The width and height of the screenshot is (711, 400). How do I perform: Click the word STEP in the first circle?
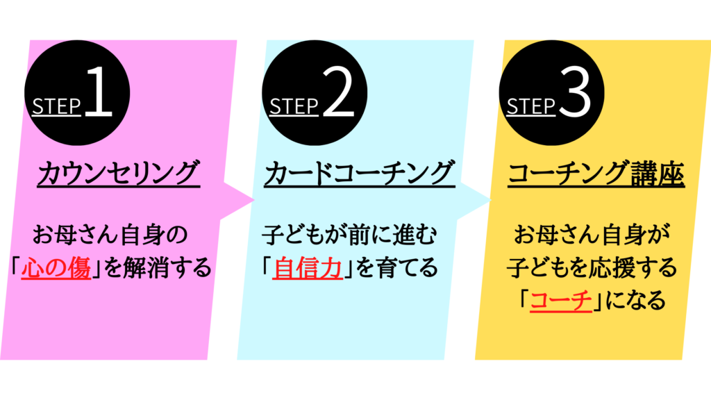[x=56, y=106]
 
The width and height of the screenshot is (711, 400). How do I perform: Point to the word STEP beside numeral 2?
[x=294, y=106]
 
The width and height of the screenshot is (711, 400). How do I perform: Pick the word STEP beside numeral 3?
[x=531, y=106]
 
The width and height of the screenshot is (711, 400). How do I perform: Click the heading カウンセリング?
[x=118, y=173]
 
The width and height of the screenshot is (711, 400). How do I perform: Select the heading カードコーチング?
[x=359, y=173]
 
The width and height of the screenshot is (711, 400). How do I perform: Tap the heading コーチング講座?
[x=596, y=173]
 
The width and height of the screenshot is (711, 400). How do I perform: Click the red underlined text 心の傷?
[x=56, y=267]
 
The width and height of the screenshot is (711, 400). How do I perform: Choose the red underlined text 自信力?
[x=308, y=267]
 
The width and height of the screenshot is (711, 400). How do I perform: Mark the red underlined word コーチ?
[x=561, y=300]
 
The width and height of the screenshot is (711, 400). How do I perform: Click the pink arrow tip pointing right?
[x=255, y=199]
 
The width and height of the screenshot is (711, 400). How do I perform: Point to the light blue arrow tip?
[x=492, y=199]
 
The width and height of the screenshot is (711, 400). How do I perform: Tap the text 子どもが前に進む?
[x=349, y=235]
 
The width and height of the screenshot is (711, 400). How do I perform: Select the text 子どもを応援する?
[x=592, y=267]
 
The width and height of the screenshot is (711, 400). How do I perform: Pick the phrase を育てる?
[x=396, y=267]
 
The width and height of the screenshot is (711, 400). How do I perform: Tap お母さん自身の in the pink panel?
[x=110, y=235]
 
